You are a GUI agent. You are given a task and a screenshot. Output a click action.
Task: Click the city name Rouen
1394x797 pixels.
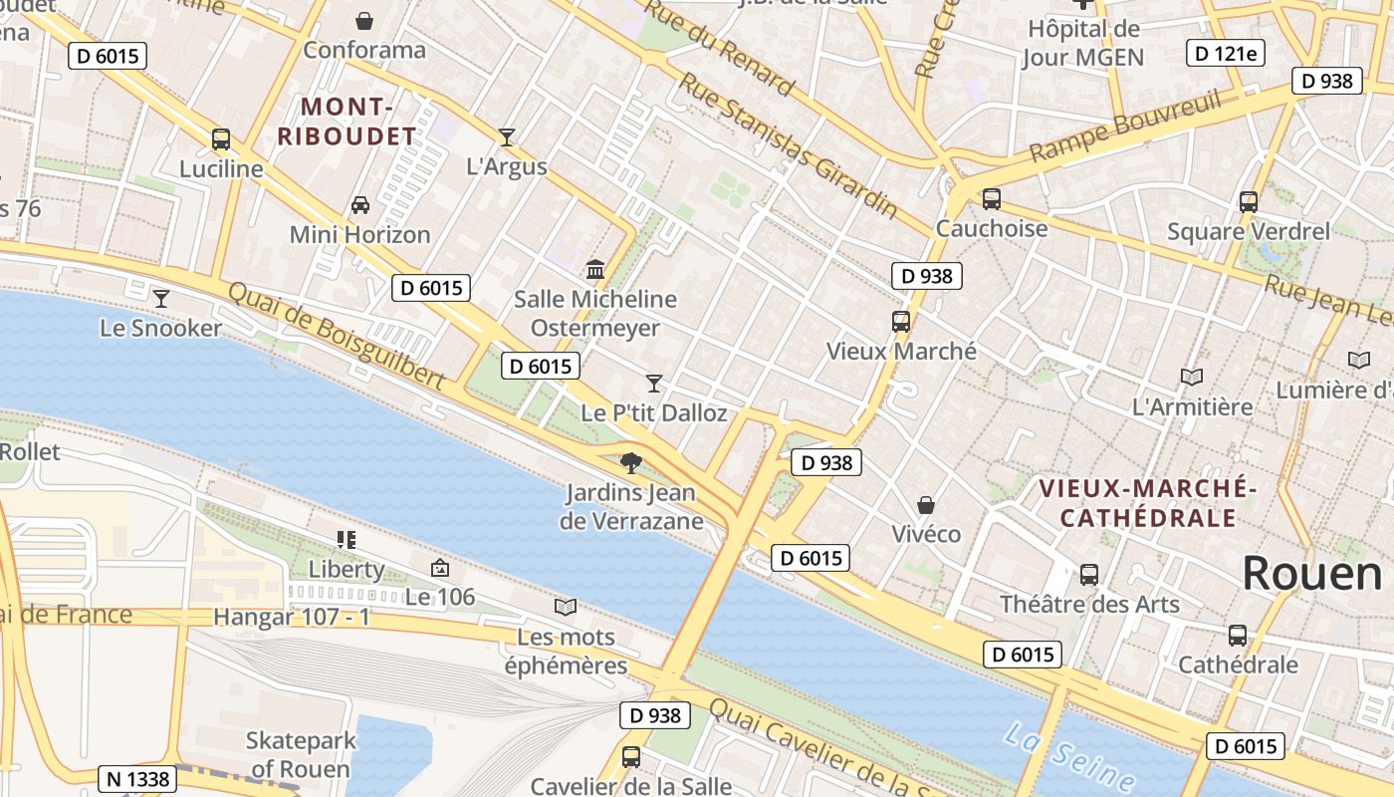(x=1312, y=574)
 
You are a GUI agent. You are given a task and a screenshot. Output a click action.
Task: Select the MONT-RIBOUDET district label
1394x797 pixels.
(x=347, y=122)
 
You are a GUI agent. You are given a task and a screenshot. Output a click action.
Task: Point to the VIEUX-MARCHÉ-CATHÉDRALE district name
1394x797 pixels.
(x=1147, y=503)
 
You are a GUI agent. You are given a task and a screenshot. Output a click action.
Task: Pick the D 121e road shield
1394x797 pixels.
(x=1225, y=53)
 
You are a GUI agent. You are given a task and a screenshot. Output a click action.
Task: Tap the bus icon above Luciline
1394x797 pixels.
(x=221, y=139)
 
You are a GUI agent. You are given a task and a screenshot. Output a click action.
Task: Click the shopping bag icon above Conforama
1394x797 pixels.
(x=364, y=21)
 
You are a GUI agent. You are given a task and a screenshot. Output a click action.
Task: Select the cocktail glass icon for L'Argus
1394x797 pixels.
(x=507, y=136)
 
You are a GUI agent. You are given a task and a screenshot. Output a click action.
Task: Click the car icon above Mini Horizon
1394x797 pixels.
(x=360, y=205)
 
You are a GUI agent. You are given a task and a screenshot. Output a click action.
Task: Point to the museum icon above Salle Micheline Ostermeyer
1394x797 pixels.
(x=595, y=269)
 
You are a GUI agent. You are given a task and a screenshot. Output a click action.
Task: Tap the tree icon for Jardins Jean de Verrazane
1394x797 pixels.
(x=630, y=462)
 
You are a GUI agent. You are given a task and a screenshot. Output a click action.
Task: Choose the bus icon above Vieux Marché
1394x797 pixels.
(x=901, y=322)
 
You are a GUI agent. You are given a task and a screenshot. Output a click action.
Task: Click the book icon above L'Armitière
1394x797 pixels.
(x=1192, y=377)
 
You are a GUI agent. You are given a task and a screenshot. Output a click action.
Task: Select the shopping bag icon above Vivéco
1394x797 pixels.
(x=926, y=505)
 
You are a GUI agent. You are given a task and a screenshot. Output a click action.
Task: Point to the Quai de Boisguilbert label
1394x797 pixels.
(x=337, y=335)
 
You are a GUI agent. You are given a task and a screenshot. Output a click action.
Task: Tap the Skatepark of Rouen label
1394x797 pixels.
(x=300, y=754)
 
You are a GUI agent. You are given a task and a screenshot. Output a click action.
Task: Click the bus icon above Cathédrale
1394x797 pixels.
(x=1238, y=636)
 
